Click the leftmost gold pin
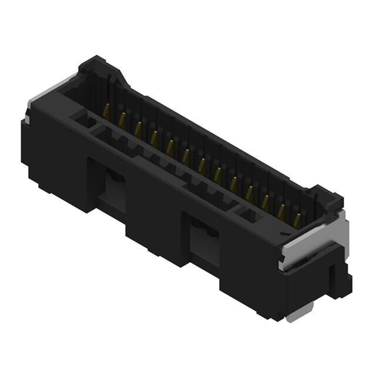tap(106, 110)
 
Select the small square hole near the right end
tap(247, 214)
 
